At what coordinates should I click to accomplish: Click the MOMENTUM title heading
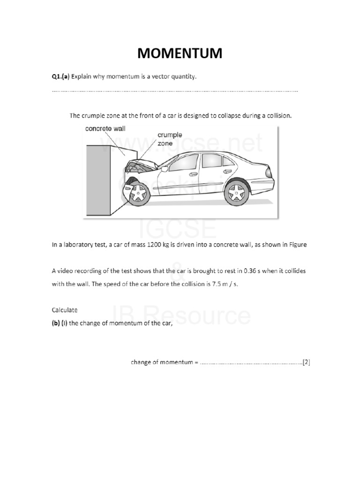[x=180, y=54]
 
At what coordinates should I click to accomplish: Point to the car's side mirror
[x=165, y=167]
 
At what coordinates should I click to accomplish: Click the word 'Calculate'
[x=64, y=310]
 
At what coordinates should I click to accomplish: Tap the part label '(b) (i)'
[x=60, y=323]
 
